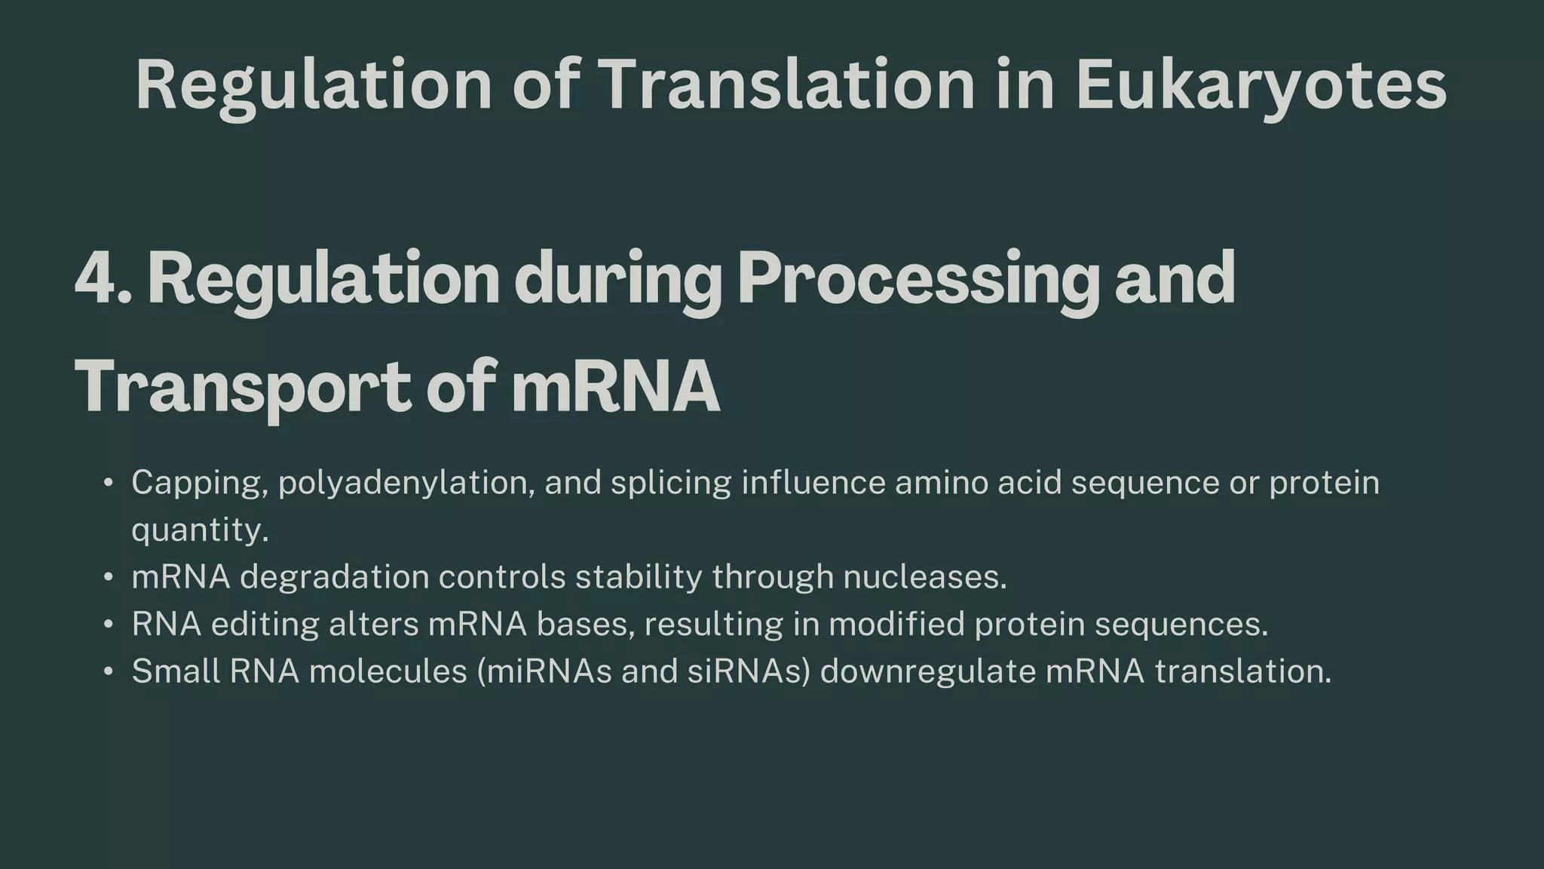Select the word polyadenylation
click(x=406, y=483)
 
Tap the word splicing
click(x=670, y=483)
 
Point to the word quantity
click(x=199, y=530)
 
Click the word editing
click(x=264, y=625)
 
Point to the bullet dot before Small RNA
click(x=109, y=671)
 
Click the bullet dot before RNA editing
click(x=109, y=625)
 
